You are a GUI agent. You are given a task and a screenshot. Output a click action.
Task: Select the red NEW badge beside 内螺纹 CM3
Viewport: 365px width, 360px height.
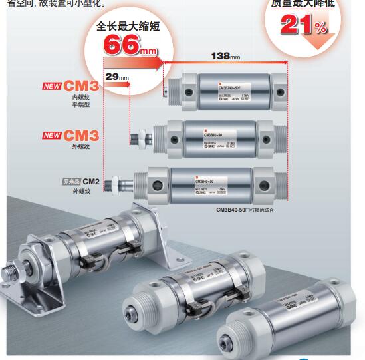[51, 85]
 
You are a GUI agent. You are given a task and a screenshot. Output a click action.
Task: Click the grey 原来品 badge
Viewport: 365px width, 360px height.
[71, 180]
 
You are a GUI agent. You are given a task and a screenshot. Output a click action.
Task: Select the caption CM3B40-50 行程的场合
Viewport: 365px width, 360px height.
[245, 210]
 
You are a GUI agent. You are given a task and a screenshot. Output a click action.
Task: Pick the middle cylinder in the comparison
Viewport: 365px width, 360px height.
[213, 138]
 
